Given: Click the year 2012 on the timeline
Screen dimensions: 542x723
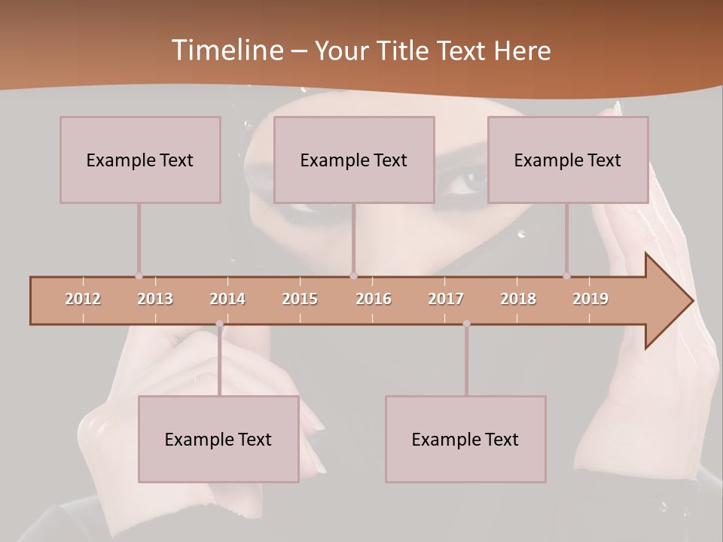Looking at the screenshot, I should click(83, 299).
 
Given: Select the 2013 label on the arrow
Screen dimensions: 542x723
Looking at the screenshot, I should click(155, 299).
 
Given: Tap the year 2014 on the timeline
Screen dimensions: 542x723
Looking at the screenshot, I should click(227, 299).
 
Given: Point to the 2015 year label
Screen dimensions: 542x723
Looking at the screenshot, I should click(300, 299).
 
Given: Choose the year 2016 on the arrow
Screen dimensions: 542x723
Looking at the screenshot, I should click(374, 299).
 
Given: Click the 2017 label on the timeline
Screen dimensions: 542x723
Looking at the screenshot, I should click(446, 299).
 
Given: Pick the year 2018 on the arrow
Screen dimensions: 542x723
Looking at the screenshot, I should click(518, 299).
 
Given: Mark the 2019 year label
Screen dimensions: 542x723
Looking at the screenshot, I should click(590, 299).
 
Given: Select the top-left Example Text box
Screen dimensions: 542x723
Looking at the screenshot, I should click(140, 160).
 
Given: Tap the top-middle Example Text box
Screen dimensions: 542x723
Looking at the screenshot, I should click(354, 160).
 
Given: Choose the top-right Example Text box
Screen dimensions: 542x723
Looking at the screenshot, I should click(568, 160).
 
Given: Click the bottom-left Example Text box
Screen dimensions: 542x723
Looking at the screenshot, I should click(218, 439).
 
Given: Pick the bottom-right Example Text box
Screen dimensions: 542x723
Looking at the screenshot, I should click(465, 439).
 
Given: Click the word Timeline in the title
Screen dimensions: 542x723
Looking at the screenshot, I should click(226, 50).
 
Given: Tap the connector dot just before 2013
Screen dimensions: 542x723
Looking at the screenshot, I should click(139, 276).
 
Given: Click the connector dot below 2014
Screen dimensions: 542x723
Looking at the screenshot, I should click(219, 324).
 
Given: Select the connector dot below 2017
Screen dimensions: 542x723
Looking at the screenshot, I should click(466, 324).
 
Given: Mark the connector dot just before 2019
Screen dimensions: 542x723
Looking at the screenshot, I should click(566, 276).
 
